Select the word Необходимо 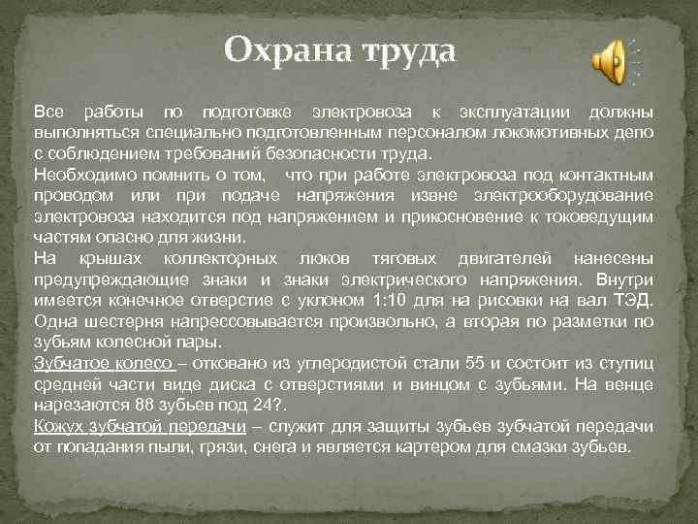coord(79,175)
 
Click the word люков coord(315,259)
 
